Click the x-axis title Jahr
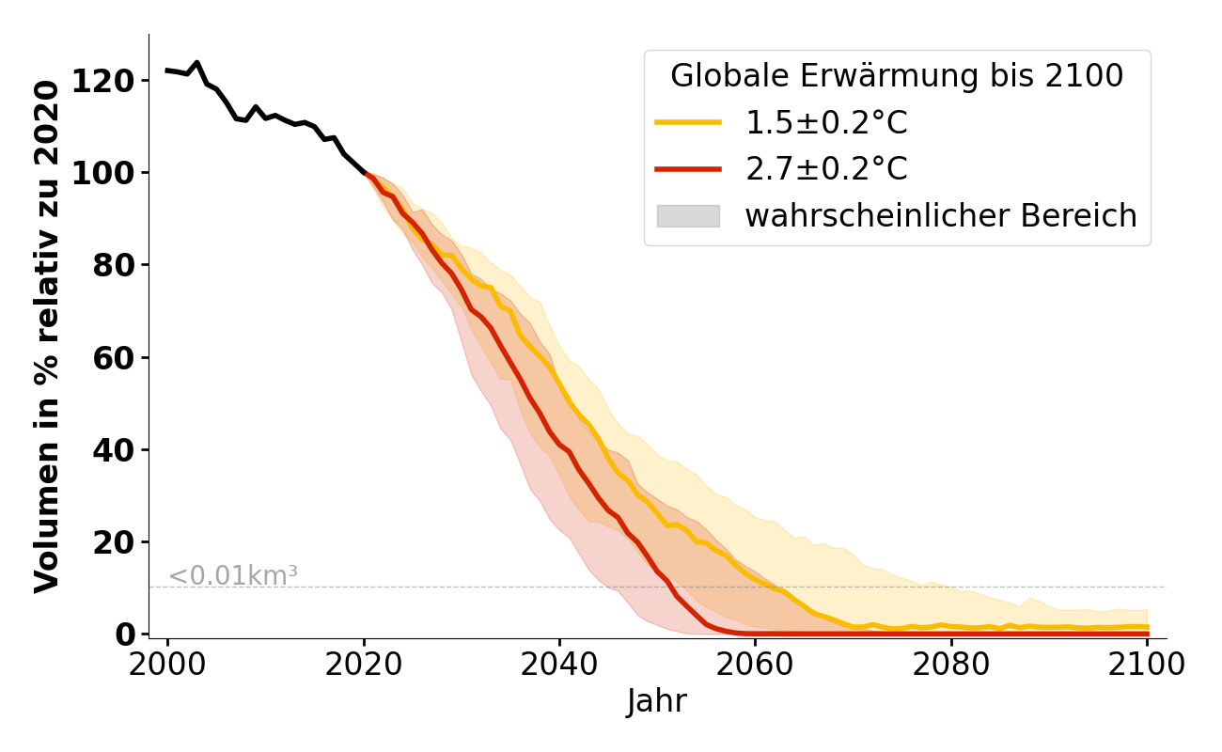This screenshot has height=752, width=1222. tap(657, 702)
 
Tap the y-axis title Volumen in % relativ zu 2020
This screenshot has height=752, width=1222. tap(47, 337)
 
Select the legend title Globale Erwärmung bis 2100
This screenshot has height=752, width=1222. tap(897, 76)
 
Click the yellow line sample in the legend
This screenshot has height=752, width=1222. tap(688, 122)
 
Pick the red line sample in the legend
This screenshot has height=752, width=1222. tap(688, 169)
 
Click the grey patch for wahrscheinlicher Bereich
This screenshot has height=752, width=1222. tap(688, 216)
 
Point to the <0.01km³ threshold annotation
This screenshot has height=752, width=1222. tap(233, 575)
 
